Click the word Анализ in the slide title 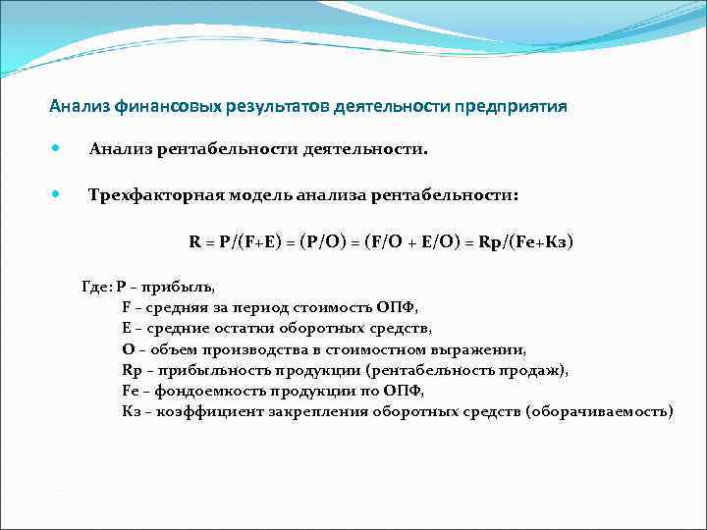[x=79, y=107]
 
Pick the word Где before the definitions [x=95, y=288]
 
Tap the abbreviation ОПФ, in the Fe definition [x=406, y=391]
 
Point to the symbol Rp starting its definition [x=132, y=370]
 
